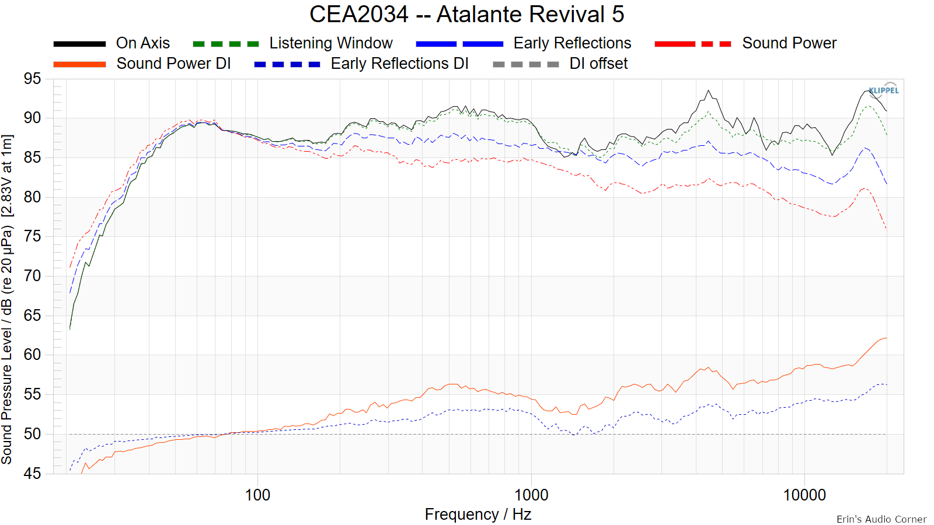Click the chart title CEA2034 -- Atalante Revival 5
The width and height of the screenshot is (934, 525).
(466, 14)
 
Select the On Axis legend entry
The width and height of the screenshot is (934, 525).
(142, 43)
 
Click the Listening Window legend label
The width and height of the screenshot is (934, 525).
(330, 43)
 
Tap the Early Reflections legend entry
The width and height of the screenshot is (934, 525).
(572, 43)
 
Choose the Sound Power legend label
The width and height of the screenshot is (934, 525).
(789, 43)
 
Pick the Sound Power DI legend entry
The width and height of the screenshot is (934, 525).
(173, 64)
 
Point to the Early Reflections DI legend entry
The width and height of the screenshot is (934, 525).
(399, 64)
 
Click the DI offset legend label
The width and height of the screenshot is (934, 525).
(598, 64)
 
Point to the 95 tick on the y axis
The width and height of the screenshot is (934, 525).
(33, 79)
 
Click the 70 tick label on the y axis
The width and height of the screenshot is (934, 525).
(33, 276)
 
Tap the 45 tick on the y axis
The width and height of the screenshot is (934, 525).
(33, 473)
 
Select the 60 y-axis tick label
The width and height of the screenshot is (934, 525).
(33, 355)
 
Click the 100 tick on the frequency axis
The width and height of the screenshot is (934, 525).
(257, 495)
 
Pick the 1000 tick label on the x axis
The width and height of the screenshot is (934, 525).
(531, 495)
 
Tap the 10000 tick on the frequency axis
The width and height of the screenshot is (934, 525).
(804, 495)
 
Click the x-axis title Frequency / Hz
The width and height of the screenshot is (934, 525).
(478, 514)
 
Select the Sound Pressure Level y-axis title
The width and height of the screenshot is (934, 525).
(7, 299)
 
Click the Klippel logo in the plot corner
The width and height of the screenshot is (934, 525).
(884, 90)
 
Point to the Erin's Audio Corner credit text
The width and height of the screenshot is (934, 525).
(881, 519)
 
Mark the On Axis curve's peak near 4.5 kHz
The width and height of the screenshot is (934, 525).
(708, 91)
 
